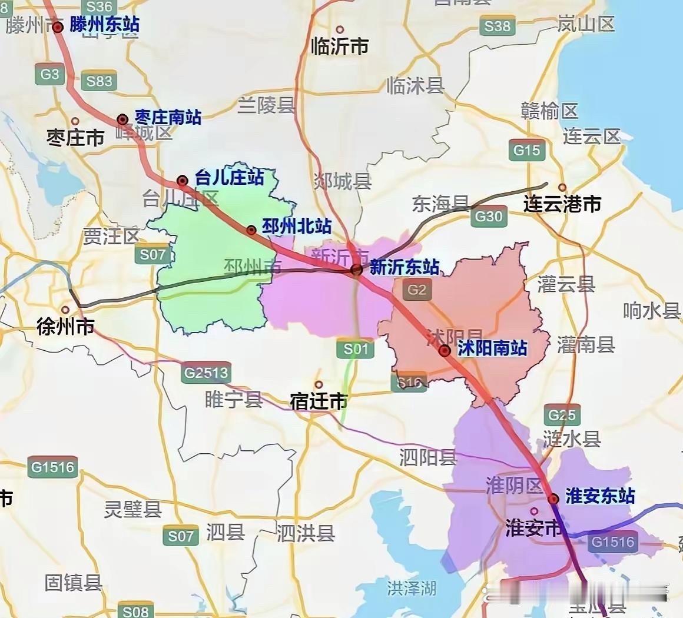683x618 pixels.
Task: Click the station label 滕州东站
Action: [x=104, y=25]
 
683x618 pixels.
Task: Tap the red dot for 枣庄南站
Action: [x=122, y=119]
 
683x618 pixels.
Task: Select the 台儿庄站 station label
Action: [x=229, y=177]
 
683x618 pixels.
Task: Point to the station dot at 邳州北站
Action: [x=251, y=230]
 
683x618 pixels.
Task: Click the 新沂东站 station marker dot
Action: [x=356, y=270]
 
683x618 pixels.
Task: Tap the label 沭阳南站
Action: [x=492, y=348]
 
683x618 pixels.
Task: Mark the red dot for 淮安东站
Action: [x=553, y=500]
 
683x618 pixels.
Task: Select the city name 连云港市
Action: [x=562, y=204]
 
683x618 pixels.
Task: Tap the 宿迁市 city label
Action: [x=319, y=401]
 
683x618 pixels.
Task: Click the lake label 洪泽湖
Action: [x=412, y=587]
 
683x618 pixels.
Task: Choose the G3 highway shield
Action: [x=50, y=74]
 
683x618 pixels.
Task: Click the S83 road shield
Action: [x=99, y=81]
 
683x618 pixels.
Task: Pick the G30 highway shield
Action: [x=489, y=217]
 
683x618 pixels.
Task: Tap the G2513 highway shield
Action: [x=206, y=373]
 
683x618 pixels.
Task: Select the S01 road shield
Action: [x=356, y=348]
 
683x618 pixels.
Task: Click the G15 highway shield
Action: [x=526, y=150]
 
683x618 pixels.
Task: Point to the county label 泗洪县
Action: [x=306, y=533]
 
